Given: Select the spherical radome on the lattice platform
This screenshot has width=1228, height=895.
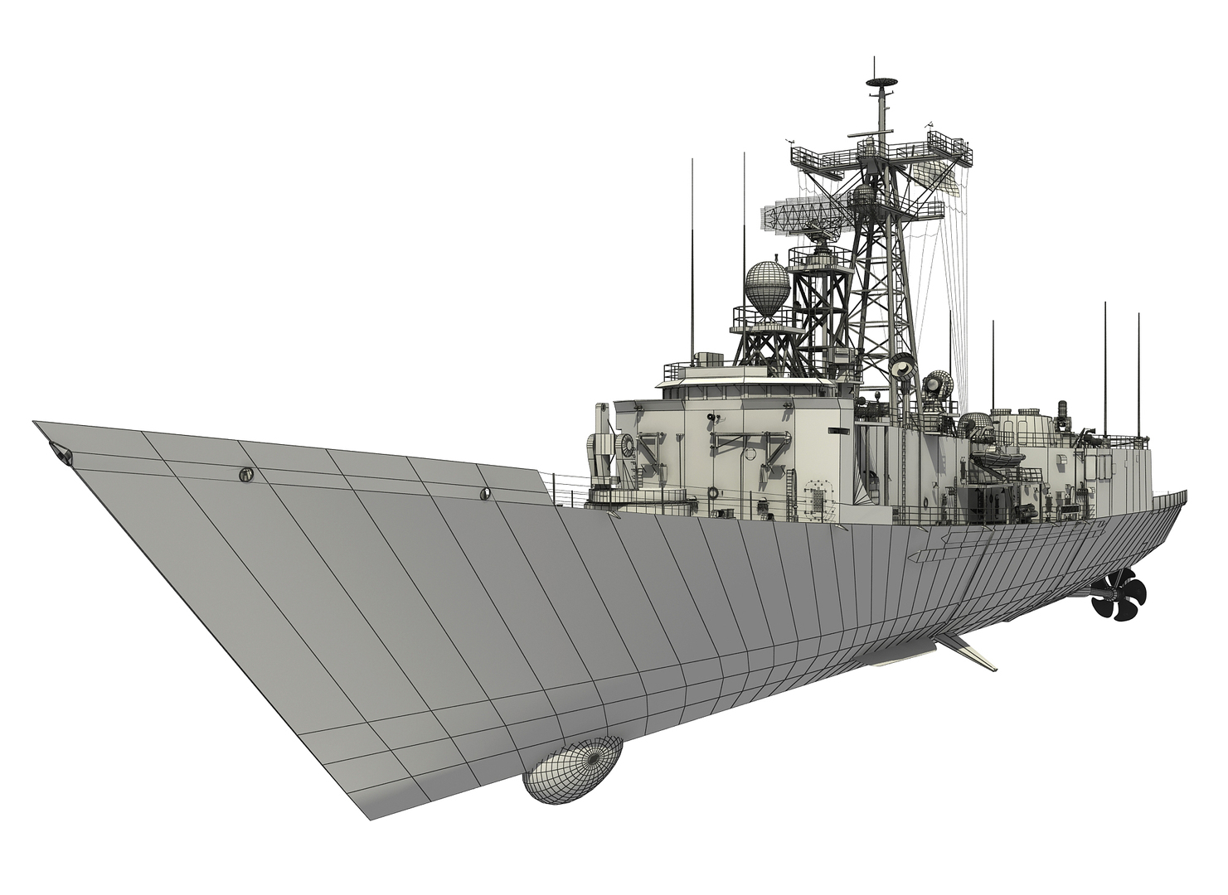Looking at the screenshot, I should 767,291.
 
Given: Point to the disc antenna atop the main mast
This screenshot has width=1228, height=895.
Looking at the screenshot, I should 881,83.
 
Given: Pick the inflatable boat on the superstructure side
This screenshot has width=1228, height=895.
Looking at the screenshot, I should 992,453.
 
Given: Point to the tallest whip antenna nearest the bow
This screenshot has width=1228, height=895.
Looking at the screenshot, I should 692,249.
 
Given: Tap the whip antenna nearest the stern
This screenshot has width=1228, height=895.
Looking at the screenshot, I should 1138,373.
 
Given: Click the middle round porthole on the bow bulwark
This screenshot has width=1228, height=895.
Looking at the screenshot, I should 245,475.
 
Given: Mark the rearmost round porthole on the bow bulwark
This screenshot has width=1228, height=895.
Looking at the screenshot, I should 485,494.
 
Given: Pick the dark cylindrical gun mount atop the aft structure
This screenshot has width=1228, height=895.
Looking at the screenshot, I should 1064,412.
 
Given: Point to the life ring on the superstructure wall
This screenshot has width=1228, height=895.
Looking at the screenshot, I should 750,455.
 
